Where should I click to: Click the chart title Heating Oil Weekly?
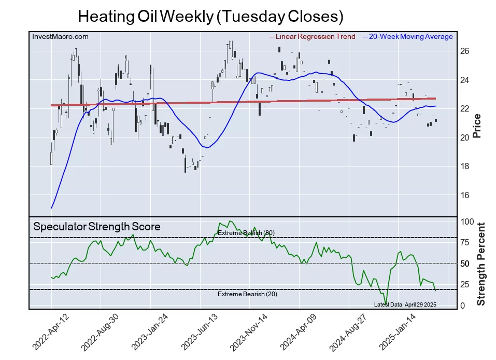(210, 17)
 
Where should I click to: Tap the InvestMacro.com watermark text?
(60, 36)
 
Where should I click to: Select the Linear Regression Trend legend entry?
(313, 36)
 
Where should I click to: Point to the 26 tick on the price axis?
(464, 51)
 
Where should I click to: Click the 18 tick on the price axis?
(464, 166)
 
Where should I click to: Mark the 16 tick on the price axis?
(464, 195)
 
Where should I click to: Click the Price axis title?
(477, 126)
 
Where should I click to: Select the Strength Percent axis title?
(480, 264)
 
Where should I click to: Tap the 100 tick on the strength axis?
(467, 221)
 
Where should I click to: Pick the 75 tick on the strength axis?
(465, 242)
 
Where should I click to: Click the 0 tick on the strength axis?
(463, 306)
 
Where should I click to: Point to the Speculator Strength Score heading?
(97, 227)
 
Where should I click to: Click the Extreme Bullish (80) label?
(246, 233)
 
